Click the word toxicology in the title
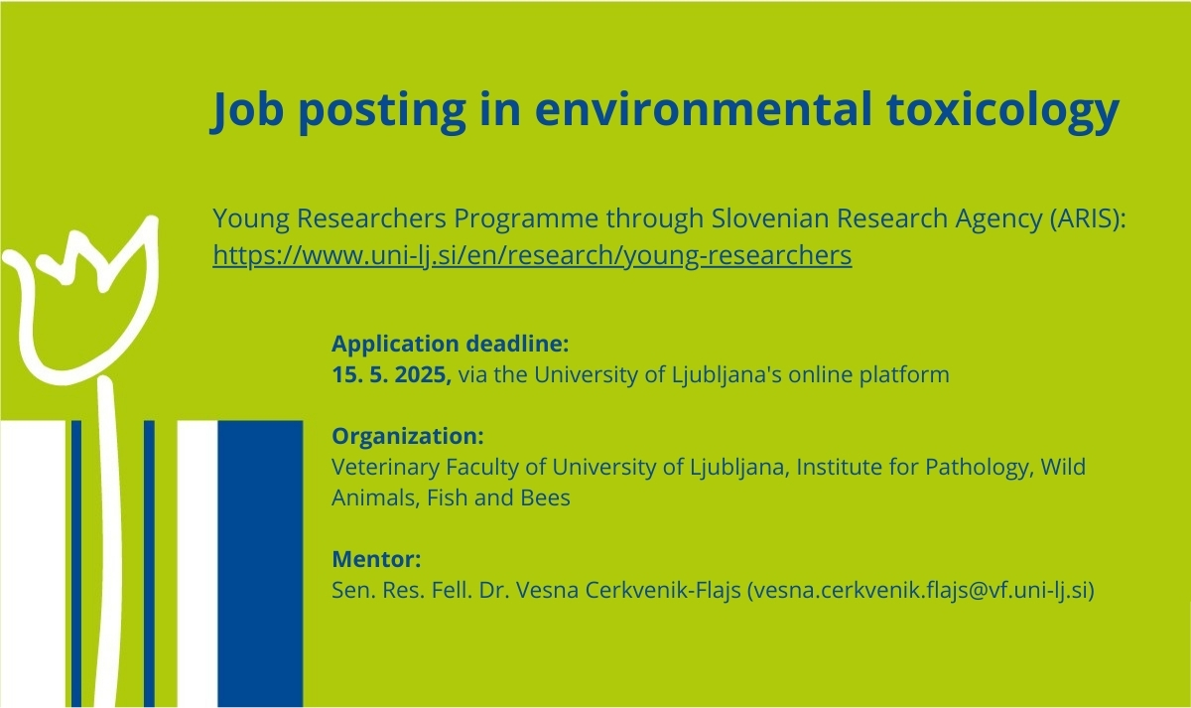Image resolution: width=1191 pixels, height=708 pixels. point(1002,111)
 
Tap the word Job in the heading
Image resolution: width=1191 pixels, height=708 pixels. point(247,109)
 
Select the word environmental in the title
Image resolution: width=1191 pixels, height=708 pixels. point(704,108)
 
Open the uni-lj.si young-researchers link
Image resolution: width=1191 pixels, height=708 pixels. point(532,255)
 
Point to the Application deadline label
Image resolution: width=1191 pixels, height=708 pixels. point(451,344)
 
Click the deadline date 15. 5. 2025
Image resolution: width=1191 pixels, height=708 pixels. point(391,374)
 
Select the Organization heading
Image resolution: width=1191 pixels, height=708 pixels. point(408,436)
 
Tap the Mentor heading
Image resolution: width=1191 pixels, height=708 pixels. point(376,559)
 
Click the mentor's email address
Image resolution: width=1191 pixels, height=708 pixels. point(921,591)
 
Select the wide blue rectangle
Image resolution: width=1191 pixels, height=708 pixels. point(260,564)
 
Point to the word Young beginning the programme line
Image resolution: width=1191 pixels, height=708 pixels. point(251,218)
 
